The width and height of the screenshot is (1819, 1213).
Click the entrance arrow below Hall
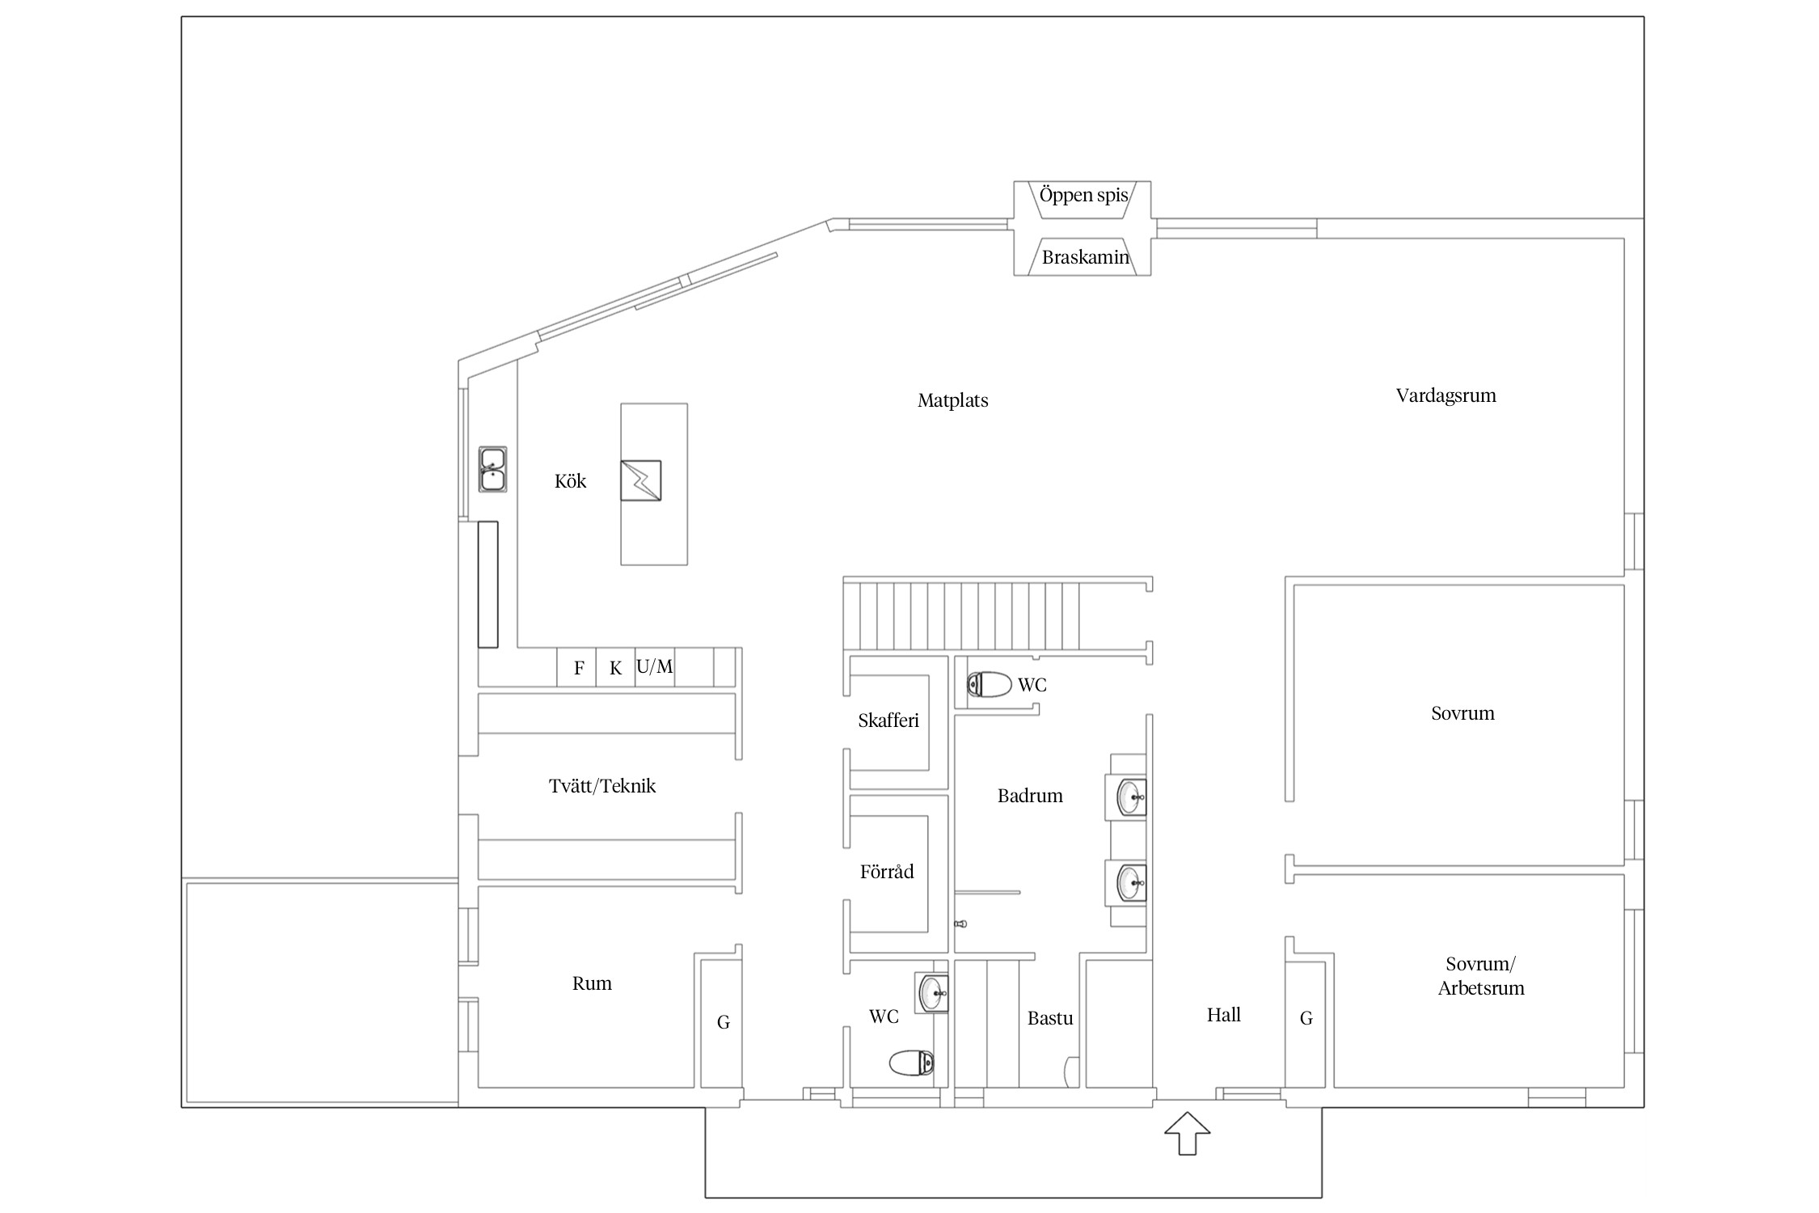[1187, 1133]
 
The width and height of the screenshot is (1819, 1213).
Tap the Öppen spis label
[1083, 196]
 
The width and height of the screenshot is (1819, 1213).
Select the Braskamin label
[1085, 257]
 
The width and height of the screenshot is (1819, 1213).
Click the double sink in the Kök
[492, 469]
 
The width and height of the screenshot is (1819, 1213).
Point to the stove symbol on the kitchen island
[640, 480]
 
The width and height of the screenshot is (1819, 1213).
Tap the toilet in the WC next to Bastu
[912, 1062]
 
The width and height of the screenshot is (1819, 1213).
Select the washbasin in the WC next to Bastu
[933, 992]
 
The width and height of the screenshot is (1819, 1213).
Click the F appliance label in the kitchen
[579, 668]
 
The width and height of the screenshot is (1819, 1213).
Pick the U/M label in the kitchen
[654, 666]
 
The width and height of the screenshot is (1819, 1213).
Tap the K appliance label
[616, 668]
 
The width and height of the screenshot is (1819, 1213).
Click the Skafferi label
[888, 721]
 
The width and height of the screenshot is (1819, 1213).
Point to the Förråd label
[887, 871]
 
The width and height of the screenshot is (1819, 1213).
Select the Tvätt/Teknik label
[602, 785]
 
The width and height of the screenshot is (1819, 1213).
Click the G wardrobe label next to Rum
[724, 1022]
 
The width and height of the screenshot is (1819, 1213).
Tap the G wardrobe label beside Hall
[1306, 1018]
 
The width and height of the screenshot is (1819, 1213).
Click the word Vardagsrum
[1446, 395]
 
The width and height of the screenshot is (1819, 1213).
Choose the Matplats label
[953, 400]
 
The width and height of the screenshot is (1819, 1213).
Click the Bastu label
[1050, 1018]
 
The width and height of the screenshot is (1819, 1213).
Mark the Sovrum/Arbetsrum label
[1481, 975]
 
